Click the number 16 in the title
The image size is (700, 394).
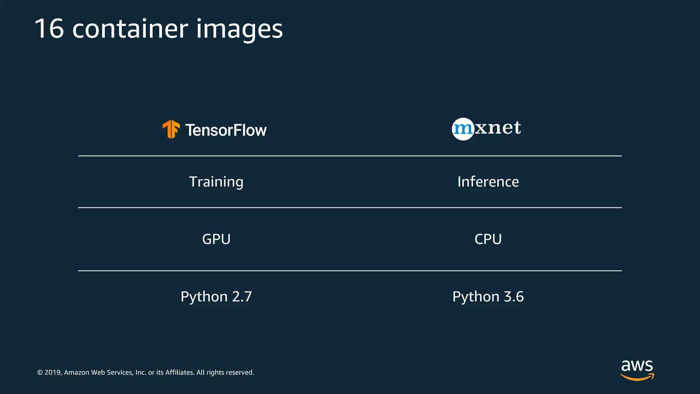[49, 29]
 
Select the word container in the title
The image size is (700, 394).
[130, 29]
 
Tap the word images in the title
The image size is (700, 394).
[239, 30]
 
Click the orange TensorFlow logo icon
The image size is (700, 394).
[171, 129]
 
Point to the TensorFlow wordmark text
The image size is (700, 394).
[226, 130]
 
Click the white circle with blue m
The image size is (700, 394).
[463, 129]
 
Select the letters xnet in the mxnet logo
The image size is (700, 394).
[498, 128]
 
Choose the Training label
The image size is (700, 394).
[216, 182]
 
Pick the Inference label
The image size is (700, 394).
[488, 182]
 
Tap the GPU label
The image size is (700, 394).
[216, 239]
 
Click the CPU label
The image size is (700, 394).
[488, 239]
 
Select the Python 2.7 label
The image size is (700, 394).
[216, 297]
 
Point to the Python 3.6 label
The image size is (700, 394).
[488, 297]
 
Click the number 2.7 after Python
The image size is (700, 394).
[242, 297]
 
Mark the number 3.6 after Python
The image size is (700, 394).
[514, 297]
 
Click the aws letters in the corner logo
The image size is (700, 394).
[637, 366]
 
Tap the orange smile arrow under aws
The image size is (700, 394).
[637, 377]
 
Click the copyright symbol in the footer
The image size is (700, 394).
[40, 372]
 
